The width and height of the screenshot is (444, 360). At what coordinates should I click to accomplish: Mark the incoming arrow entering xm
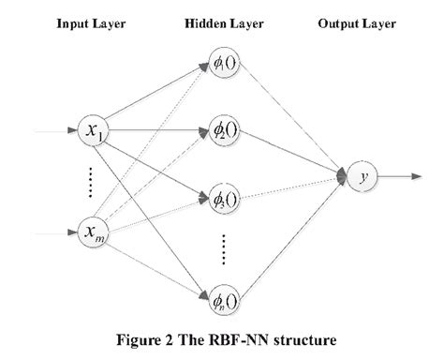pyautogui.click(x=52, y=232)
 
